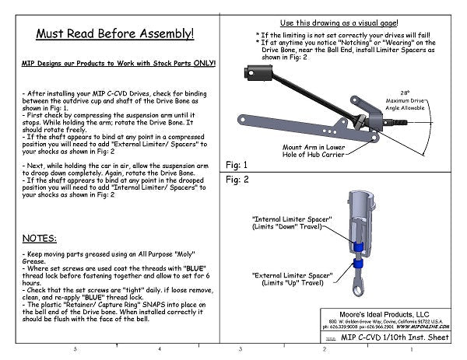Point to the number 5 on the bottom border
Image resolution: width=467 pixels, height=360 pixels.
(75, 351)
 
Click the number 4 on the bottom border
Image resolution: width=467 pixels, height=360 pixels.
(158, 351)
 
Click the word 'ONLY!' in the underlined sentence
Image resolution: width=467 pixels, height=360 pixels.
(202, 65)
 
